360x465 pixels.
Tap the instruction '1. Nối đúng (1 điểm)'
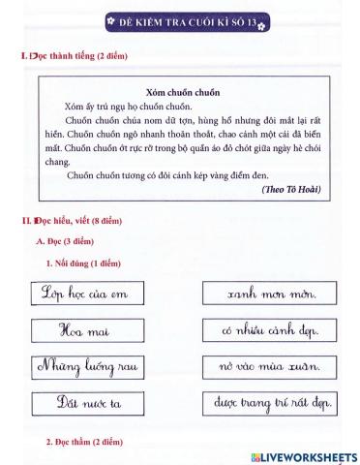coord(83,263)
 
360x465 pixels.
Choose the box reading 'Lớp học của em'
coord(84,293)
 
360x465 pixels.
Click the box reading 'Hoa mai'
coord(84,329)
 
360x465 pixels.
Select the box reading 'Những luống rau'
coord(84,366)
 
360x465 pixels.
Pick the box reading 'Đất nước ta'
coord(84,403)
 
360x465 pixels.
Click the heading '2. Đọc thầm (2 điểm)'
coord(85,443)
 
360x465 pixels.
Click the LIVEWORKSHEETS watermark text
coord(309,455)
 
